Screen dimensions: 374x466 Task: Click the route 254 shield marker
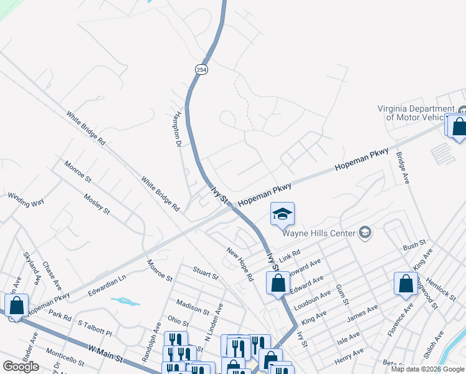point(200,70)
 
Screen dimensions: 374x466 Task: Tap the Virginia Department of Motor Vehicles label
point(421,112)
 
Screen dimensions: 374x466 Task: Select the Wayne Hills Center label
point(318,234)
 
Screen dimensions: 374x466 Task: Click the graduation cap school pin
point(282,214)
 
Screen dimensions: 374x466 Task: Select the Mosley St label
point(97,203)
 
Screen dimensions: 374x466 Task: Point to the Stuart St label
point(205,274)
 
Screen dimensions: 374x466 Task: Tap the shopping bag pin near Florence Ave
point(406,284)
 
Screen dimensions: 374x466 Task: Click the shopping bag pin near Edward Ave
point(278,283)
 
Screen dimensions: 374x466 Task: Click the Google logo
point(21,367)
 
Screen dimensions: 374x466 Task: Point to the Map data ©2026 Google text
point(427,369)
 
